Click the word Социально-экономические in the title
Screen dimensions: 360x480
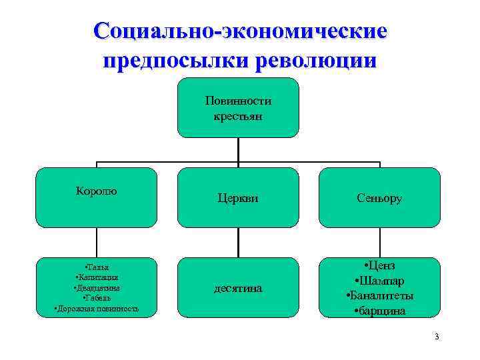[x=240, y=31]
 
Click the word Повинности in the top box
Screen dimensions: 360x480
[x=238, y=101]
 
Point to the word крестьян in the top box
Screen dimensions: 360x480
[x=238, y=116]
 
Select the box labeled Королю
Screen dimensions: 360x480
[x=96, y=197]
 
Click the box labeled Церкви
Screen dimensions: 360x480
[x=238, y=197]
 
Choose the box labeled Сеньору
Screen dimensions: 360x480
[x=380, y=197]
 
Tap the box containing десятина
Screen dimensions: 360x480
[x=238, y=288]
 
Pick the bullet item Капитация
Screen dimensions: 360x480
[x=97, y=277]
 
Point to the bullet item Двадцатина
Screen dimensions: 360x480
[x=97, y=287]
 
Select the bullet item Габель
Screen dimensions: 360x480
[x=97, y=298]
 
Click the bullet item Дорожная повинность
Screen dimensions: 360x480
[x=97, y=309]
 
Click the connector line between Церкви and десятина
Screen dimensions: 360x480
[x=238, y=243]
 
